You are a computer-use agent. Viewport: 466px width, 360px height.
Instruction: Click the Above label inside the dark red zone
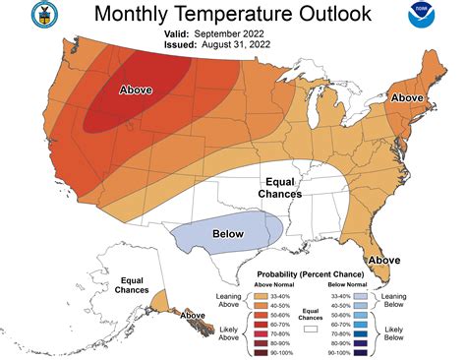(136, 90)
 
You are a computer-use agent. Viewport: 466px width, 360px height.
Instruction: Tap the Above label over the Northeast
(406, 98)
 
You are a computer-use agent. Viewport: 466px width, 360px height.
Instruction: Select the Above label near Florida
(382, 259)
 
